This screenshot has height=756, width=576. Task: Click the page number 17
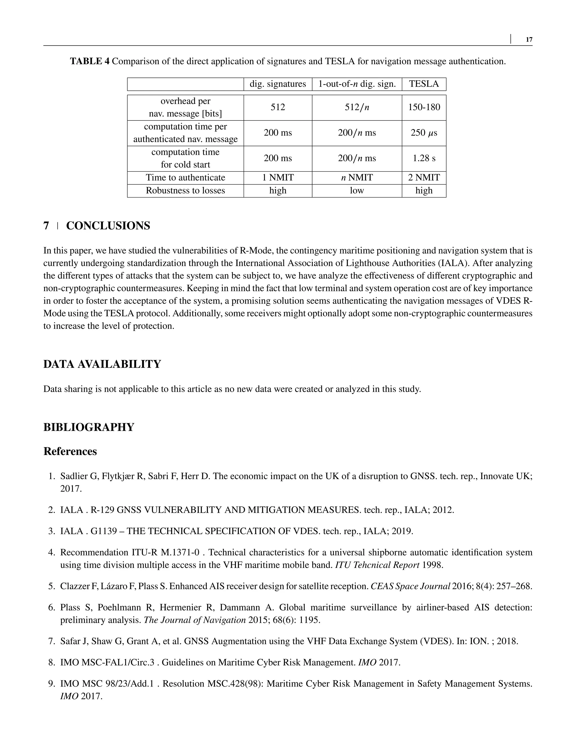pyautogui.click(x=529, y=40)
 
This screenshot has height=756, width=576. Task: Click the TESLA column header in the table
pyautogui.click(x=424, y=84)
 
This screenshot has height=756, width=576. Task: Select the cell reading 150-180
pyautogui.click(x=424, y=107)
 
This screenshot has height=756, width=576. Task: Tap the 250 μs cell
pyautogui.click(x=424, y=133)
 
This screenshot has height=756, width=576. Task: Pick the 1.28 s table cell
pyautogui.click(x=424, y=158)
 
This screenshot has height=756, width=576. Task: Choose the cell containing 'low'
pyautogui.click(x=357, y=191)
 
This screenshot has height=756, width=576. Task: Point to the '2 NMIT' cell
pyautogui.click(x=424, y=178)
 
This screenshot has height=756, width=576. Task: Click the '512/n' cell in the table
pyautogui.click(x=357, y=107)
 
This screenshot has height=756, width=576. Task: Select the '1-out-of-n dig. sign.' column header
pyautogui.click(x=357, y=84)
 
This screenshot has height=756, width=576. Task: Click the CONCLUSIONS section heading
pyautogui.click(x=108, y=226)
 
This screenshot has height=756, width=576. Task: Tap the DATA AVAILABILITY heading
pyautogui.click(x=102, y=364)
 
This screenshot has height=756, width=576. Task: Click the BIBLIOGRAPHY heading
pyautogui.click(x=89, y=427)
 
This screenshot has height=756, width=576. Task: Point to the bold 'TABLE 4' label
pyautogui.click(x=90, y=62)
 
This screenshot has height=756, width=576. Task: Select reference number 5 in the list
pyautogui.click(x=51, y=586)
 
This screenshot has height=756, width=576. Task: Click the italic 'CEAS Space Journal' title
pyautogui.click(x=410, y=586)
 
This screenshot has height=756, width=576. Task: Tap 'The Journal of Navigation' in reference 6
pyautogui.click(x=195, y=620)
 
